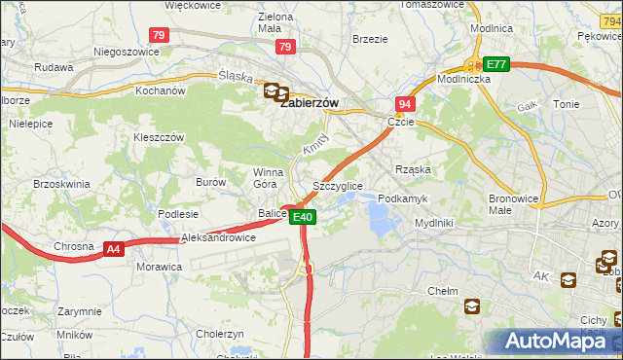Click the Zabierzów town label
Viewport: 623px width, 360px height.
310,102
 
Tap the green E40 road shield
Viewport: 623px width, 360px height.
303,217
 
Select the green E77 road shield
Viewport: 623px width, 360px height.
497,64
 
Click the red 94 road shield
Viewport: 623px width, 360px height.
405,103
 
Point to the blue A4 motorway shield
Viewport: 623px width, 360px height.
114,249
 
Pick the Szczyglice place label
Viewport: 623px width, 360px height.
337,185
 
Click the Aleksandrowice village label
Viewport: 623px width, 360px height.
219,237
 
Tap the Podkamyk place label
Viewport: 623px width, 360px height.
402,198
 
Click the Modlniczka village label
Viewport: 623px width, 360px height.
464,79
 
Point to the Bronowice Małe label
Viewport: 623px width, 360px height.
513,202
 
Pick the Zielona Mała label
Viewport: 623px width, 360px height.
275,22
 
